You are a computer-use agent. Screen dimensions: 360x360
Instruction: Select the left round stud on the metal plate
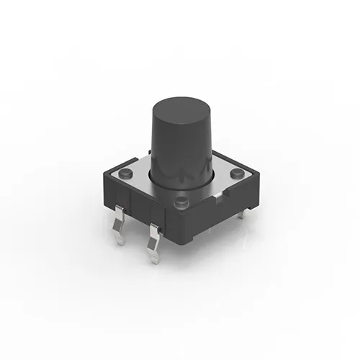pos(125,172)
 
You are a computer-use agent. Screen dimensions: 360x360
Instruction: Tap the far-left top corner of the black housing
pos(105,174)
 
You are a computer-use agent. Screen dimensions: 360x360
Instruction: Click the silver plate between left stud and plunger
pos(139,177)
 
